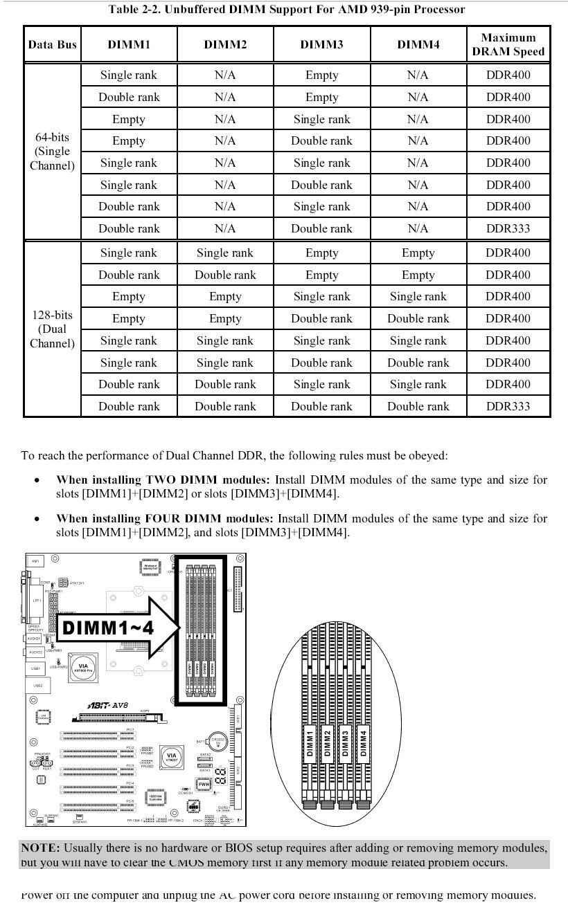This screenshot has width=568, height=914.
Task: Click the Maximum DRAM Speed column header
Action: (x=508, y=44)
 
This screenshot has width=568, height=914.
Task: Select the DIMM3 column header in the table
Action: (x=321, y=45)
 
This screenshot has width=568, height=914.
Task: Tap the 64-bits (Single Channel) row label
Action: (x=52, y=152)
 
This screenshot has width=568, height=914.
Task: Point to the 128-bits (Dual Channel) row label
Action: (x=52, y=329)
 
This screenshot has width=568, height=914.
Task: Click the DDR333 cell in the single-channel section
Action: (x=508, y=228)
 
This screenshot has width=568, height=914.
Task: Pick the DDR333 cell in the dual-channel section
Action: (x=508, y=406)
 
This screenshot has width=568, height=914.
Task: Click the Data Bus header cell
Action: (x=52, y=45)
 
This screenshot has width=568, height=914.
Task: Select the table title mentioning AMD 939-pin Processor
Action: (x=287, y=10)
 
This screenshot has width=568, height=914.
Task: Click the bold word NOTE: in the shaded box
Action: (x=40, y=848)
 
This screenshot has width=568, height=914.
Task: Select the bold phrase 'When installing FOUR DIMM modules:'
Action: (x=165, y=518)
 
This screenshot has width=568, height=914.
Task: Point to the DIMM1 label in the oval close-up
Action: (x=310, y=742)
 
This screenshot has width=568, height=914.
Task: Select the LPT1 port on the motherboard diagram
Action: (x=36, y=601)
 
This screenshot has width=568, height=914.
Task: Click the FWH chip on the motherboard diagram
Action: (x=204, y=784)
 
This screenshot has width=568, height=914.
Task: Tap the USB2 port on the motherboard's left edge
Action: (x=37, y=686)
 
